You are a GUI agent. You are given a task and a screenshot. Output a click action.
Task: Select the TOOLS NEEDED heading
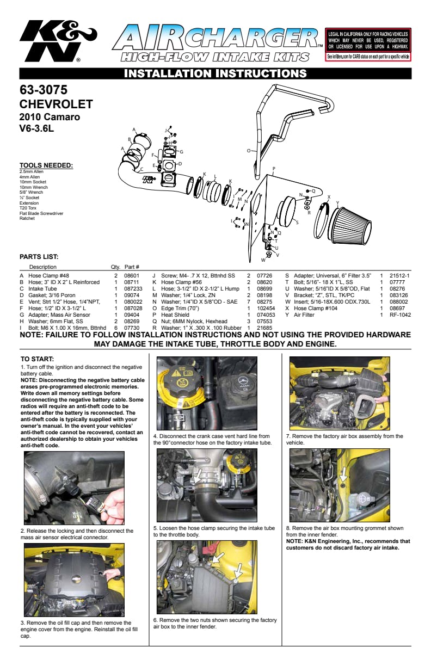[46, 165]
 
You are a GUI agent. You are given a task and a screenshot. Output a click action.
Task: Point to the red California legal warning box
[367, 45]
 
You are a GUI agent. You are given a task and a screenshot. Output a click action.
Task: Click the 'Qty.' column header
[115, 267]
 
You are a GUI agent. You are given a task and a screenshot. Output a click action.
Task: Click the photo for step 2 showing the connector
[74, 488]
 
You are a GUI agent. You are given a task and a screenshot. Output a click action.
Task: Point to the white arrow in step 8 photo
[343, 474]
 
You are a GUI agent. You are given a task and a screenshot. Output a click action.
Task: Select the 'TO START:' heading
[37, 359]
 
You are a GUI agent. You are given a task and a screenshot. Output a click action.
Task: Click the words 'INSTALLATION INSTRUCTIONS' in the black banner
[215, 73]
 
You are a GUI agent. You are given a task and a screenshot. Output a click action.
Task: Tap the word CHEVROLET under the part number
[56, 104]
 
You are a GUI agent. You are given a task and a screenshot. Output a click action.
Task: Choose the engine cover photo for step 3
[74, 580]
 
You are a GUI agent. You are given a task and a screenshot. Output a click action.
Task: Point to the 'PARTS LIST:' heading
[39, 256]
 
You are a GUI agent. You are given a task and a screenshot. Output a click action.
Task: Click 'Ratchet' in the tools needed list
[27, 218]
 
